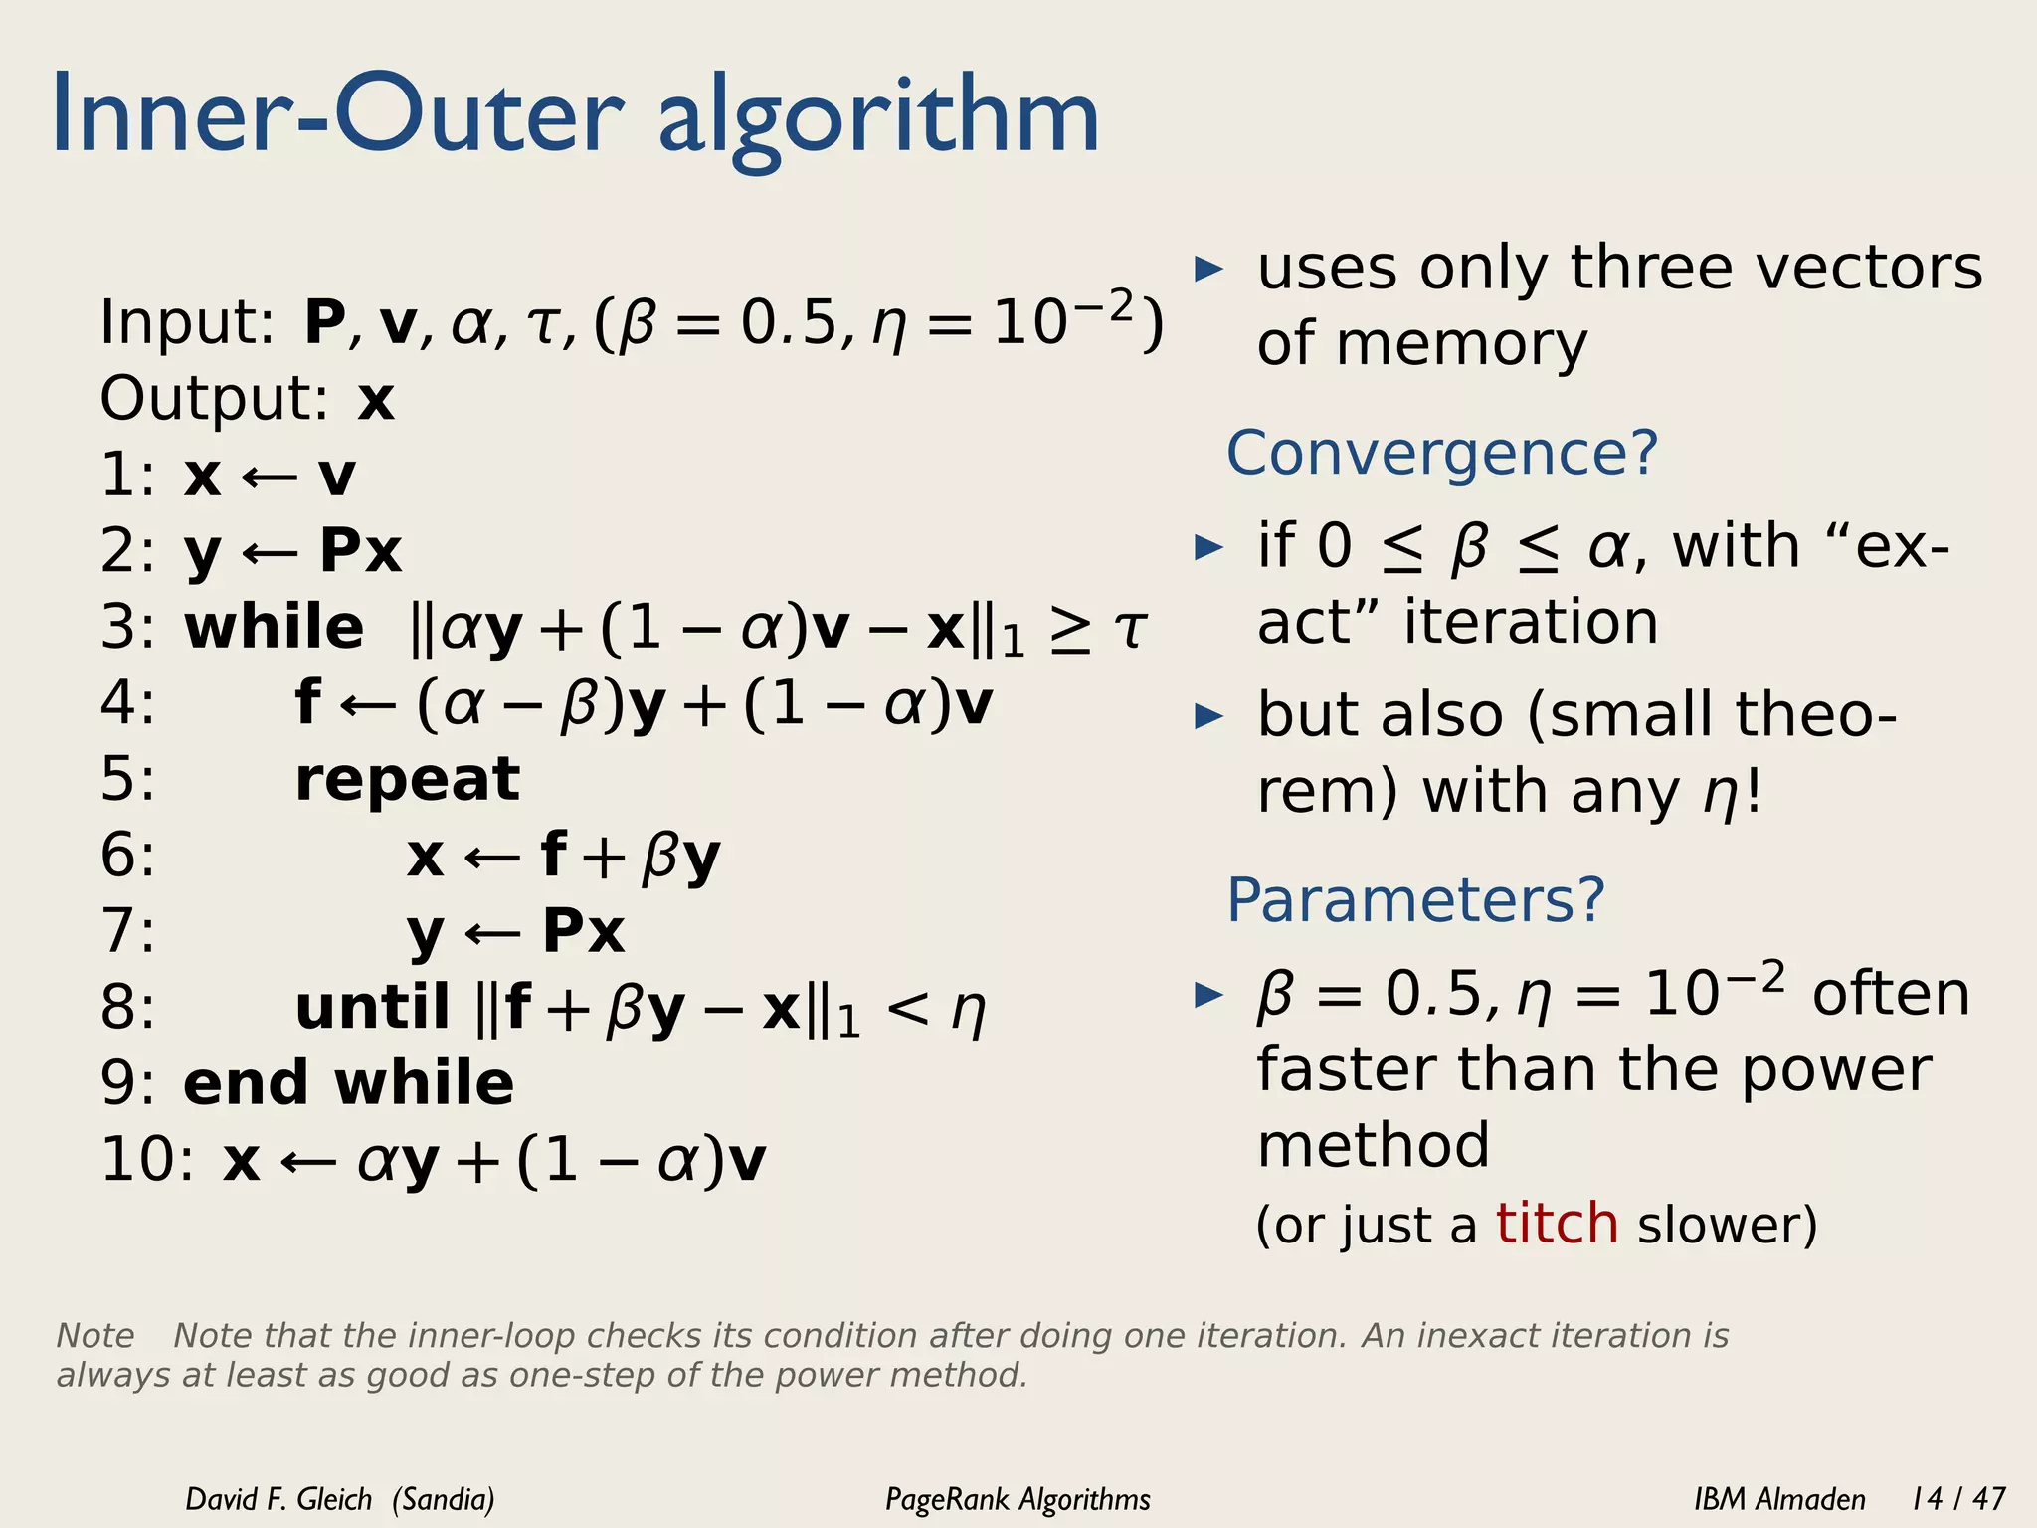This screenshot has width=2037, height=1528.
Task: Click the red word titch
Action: (1557, 1223)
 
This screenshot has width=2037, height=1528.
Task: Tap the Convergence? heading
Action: (1442, 453)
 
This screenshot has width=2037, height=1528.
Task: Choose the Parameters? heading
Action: (1415, 900)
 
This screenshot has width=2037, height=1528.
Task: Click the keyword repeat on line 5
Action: (408, 779)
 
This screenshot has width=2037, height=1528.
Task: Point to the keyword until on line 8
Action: (373, 1007)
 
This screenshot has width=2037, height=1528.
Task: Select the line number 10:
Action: (147, 1160)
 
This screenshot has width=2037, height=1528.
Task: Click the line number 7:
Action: (128, 931)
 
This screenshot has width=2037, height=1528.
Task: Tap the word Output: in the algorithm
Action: (214, 399)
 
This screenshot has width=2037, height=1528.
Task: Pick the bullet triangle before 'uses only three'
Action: (1208, 269)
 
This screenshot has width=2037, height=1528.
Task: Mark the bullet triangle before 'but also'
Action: (1208, 715)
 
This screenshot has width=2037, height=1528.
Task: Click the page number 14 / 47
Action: (1957, 1498)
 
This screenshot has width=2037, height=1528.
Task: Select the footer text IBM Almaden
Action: (1779, 1498)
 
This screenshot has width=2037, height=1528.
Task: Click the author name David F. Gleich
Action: (278, 1498)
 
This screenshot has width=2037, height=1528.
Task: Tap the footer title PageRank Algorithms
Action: (1018, 1498)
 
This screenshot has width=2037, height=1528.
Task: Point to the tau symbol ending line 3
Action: (1130, 628)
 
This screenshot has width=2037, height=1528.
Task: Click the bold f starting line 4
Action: (308, 702)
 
